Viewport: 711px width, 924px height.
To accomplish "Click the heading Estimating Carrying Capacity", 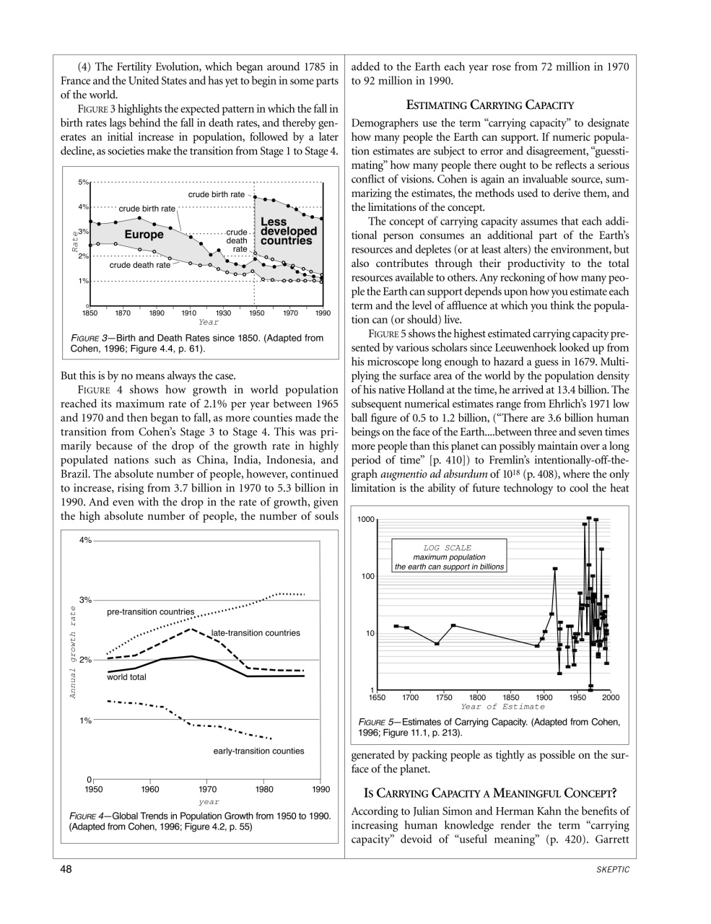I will coord(489,105).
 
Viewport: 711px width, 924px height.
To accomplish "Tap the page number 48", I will coord(66,869).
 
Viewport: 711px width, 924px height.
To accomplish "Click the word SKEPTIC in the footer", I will coord(614,870).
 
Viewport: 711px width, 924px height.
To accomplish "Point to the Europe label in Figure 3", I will coord(144,235).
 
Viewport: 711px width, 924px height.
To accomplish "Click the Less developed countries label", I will coord(287,231).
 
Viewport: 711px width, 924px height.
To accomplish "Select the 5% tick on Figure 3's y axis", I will coord(83,182).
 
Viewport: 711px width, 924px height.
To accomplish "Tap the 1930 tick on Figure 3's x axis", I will coord(223,313).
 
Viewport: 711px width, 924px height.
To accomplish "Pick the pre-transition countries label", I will coord(150,612).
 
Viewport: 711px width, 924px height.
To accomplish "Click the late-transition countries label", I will coord(256,633).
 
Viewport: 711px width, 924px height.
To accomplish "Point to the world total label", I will coord(126,677).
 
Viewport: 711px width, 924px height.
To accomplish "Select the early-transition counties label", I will coord(258,751).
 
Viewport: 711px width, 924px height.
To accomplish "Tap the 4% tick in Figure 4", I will coord(84,541).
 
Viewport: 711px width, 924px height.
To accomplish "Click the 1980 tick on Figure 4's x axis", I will coord(264,790).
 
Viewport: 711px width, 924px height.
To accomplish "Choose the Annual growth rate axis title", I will coord(73,652).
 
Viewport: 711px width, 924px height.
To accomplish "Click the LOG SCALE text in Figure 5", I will coord(447,548).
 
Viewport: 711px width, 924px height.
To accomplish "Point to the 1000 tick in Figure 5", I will coord(366,520).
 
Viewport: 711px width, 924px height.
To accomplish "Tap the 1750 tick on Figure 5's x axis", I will coord(444,697).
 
